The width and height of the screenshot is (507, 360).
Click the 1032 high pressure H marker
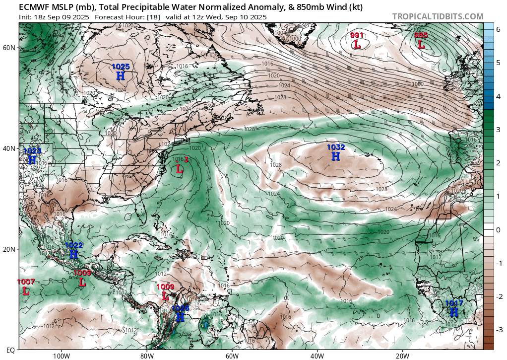coord(336,156)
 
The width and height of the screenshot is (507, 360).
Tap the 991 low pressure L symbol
coord(357,44)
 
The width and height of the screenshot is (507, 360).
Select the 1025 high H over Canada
coord(121,75)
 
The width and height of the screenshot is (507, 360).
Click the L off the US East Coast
coord(180,169)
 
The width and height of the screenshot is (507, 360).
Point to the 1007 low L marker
coord(26,291)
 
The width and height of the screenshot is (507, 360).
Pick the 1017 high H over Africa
coord(453,312)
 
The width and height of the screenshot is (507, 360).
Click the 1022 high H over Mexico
coord(73,254)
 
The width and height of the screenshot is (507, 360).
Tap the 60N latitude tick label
coord(9,48)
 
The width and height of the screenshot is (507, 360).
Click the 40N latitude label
coord(9,148)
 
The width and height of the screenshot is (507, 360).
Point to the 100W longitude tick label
coord(61,356)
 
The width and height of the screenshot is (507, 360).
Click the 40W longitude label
coord(317,356)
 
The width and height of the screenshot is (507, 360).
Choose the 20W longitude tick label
coord(402,356)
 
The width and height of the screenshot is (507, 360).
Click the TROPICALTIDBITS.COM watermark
coord(438,16)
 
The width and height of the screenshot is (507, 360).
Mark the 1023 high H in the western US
coord(32,160)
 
